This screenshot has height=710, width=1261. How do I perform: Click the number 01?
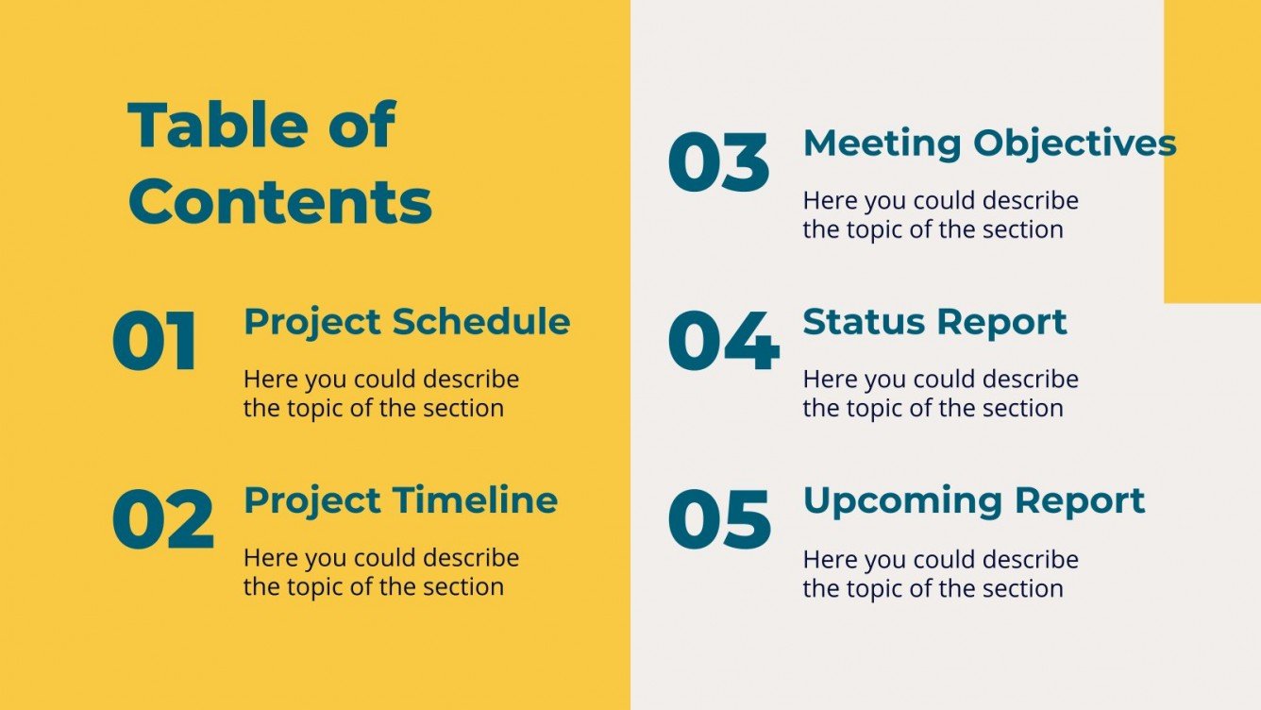(x=155, y=341)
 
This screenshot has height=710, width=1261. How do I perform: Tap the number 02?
(x=162, y=519)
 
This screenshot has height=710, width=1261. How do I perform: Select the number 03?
(x=718, y=163)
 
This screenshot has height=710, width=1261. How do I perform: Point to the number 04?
(x=723, y=341)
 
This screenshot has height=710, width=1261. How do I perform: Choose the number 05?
(x=719, y=519)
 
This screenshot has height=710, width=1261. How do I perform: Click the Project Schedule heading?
(x=407, y=322)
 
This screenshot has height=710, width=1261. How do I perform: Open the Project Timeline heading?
(x=400, y=500)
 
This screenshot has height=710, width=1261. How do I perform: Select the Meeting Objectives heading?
(x=989, y=144)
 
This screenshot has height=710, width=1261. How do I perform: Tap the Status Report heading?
(x=934, y=322)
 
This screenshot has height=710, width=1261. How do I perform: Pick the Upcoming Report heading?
(x=973, y=500)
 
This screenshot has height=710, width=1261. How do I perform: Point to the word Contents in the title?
(x=280, y=200)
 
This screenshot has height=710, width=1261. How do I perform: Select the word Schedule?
(x=481, y=322)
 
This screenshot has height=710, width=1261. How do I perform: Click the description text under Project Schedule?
(x=381, y=394)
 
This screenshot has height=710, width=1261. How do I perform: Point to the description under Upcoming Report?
(x=940, y=573)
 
